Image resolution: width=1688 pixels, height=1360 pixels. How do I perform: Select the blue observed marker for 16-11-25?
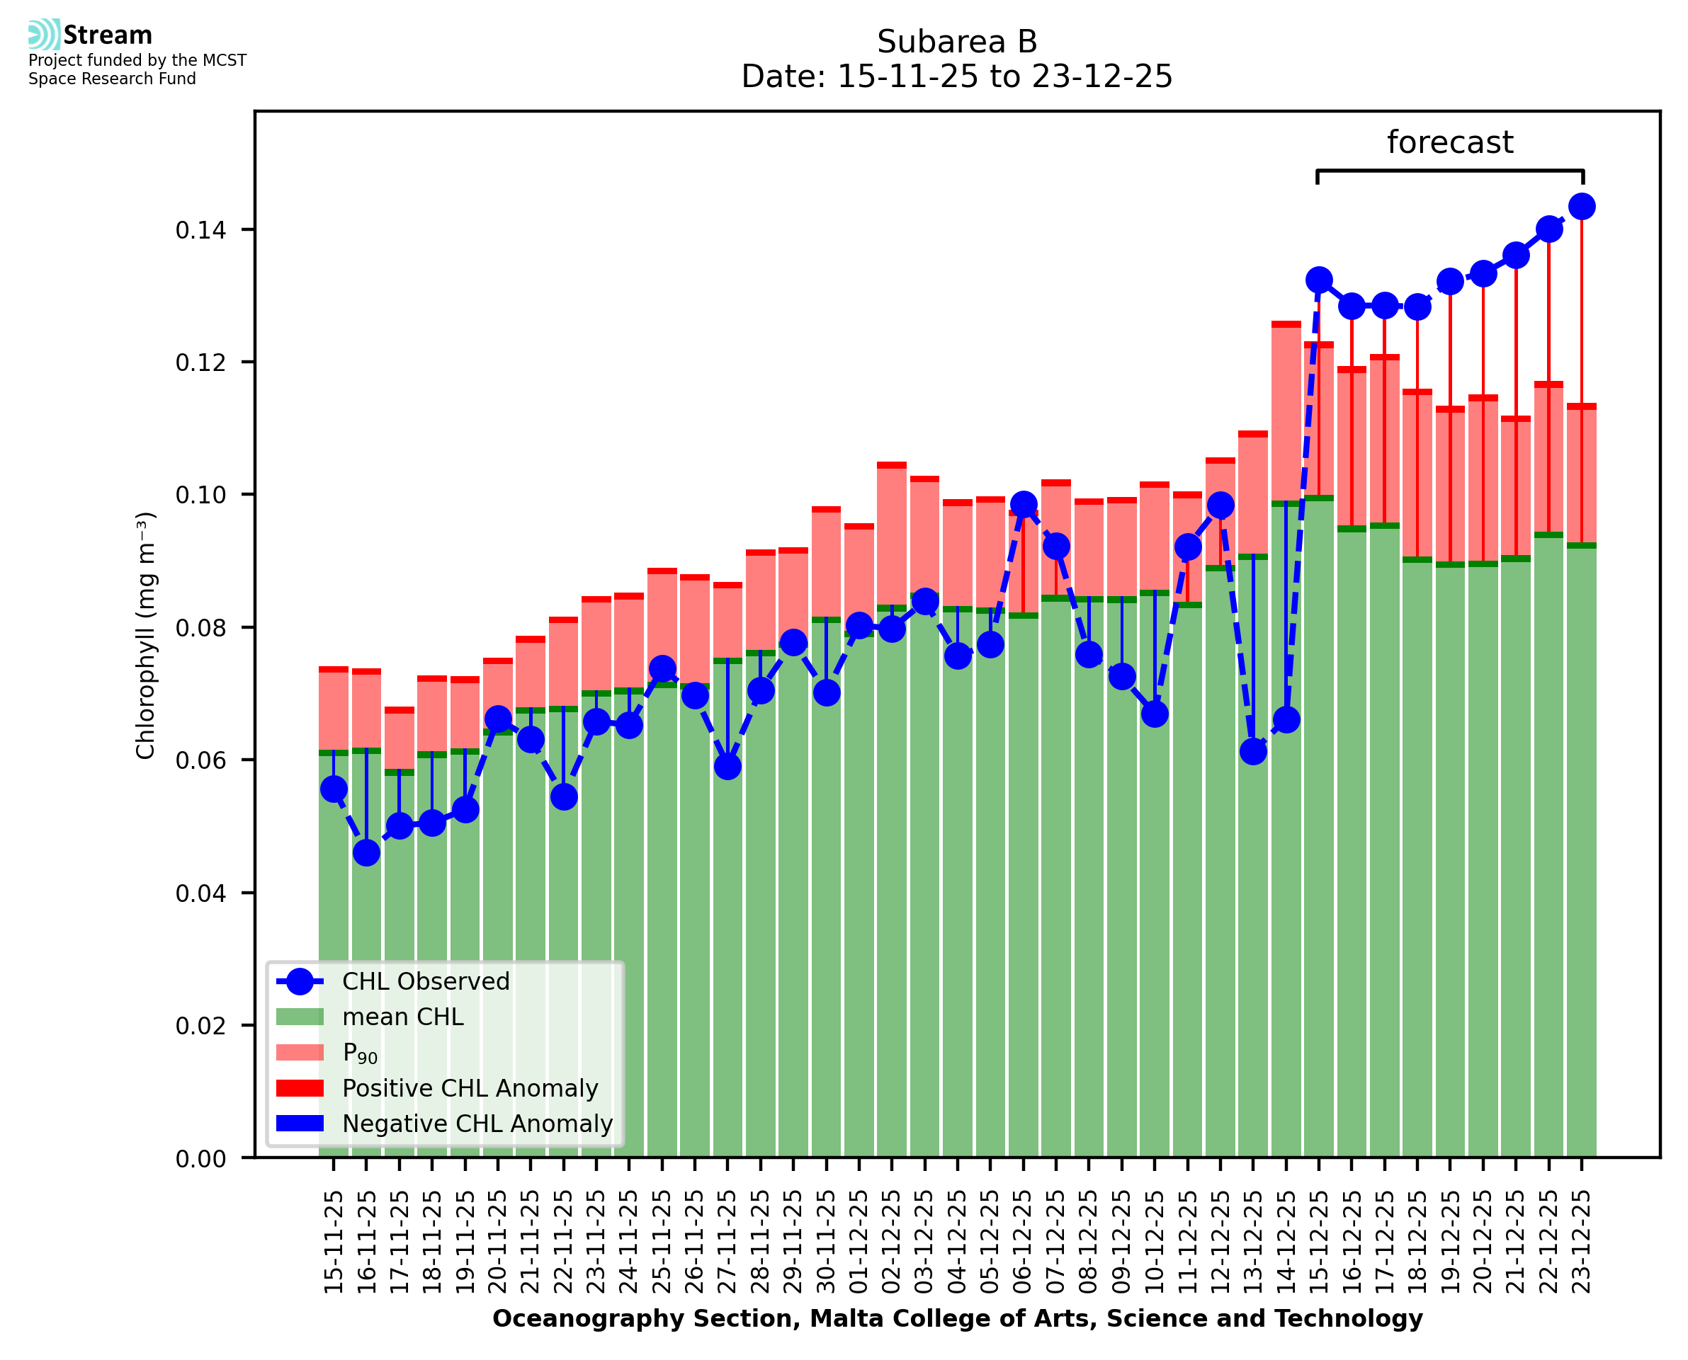[x=366, y=853]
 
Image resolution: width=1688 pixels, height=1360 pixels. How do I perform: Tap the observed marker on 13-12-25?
[x=1252, y=752]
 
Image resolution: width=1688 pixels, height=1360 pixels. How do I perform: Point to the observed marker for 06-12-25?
[x=1023, y=505]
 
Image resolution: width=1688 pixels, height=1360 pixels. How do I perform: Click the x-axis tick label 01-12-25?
[x=859, y=1241]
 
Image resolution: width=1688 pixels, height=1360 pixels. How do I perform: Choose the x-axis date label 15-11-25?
[x=334, y=1241]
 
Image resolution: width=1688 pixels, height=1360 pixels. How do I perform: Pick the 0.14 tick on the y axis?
[x=200, y=230]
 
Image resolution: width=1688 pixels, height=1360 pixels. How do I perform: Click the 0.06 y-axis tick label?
[x=200, y=760]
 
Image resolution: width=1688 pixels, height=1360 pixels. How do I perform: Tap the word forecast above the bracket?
[x=1450, y=142]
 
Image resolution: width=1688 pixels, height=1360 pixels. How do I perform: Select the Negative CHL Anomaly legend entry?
[x=477, y=1124]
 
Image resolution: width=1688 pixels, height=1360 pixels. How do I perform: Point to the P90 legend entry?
[x=360, y=1053]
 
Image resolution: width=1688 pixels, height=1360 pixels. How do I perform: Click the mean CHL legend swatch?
[x=300, y=1017]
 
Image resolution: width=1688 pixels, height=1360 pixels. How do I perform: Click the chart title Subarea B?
[x=956, y=42]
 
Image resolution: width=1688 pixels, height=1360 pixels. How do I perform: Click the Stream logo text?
[x=108, y=35]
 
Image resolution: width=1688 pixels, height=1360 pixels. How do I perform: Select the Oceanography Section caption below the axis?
[x=957, y=1318]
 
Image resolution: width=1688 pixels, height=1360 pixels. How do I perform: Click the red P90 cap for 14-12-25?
[x=1285, y=324]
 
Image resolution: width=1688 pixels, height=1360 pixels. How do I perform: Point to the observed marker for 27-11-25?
[x=727, y=766]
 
